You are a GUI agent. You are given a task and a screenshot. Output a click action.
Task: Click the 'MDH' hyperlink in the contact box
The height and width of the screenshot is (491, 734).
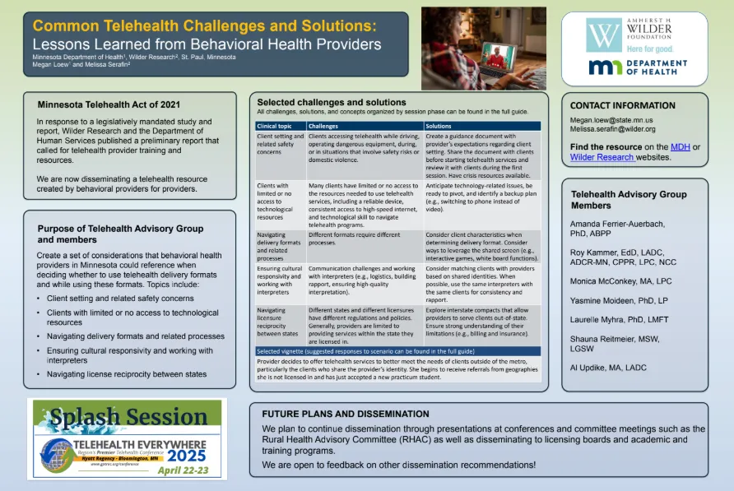click(681, 146)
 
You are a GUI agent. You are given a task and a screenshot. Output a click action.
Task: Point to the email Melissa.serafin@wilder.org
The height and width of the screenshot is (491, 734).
click(613, 129)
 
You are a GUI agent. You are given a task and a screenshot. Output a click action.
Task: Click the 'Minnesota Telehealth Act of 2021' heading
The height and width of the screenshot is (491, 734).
click(109, 104)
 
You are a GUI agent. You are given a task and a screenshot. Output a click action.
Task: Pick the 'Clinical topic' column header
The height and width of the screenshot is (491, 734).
click(275, 126)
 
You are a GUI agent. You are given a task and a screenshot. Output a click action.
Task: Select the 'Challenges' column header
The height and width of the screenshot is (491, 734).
click(324, 126)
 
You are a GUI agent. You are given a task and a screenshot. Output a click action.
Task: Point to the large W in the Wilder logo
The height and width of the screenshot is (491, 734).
click(604, 36)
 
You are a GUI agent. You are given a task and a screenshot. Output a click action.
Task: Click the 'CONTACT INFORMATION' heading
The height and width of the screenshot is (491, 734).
click(622, 105)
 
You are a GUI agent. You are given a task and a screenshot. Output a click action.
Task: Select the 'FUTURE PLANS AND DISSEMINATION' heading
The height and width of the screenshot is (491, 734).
click(345, 414)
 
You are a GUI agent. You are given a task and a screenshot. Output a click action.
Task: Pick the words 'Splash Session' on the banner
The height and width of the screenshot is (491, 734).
click(123, 418)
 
